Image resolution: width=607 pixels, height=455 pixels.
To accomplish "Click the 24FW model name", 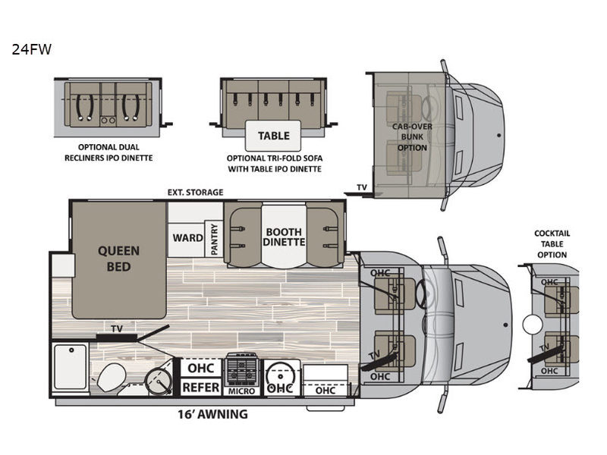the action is (31, 49).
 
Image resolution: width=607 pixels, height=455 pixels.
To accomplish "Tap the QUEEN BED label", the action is (118, 259).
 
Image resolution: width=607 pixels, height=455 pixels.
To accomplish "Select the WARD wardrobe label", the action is (187, 237).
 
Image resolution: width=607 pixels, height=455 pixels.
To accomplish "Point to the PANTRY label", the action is (214, 239).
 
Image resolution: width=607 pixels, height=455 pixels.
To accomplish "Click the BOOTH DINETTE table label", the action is (284, 237).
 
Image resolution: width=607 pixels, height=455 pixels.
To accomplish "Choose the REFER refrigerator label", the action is (200, 388).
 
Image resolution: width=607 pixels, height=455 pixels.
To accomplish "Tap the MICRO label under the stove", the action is (241, 391).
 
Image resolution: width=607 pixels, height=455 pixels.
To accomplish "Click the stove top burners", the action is (242, 369).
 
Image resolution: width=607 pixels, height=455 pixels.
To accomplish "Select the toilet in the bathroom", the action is (111, 377).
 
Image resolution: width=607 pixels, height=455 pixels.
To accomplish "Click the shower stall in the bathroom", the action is (70, 366).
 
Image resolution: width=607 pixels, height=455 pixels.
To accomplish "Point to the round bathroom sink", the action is (159, 381).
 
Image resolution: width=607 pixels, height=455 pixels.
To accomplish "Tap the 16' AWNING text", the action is (212, 414).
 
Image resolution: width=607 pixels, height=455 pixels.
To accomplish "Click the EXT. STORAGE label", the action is (195, 193).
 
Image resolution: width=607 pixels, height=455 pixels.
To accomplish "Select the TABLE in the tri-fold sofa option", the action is (273, 136).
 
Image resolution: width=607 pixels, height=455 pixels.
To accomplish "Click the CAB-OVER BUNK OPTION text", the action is (412, 137).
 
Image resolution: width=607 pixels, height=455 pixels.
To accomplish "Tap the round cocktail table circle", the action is (533, 325).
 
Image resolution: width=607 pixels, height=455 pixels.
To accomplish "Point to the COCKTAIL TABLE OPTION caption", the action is (552, 244).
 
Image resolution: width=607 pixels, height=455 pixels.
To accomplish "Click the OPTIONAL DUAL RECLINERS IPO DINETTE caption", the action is (109, 152).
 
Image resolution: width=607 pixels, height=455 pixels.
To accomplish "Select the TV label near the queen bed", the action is (117, 329).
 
